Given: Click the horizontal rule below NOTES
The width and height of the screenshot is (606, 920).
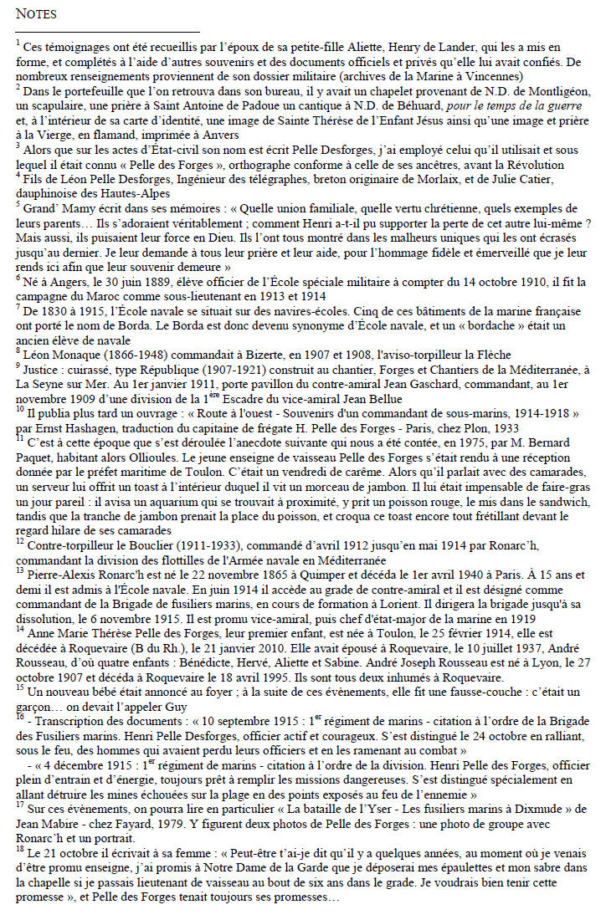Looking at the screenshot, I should [108, 31].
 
